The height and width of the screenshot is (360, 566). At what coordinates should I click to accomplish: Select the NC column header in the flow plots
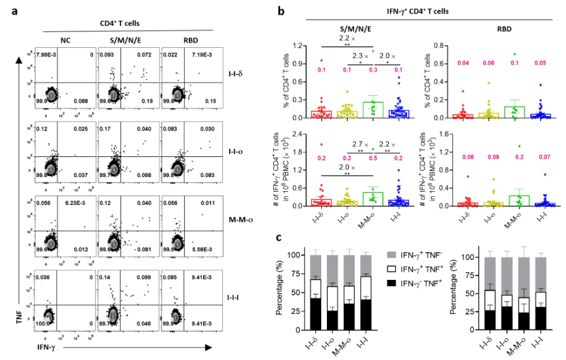tap(66, 40)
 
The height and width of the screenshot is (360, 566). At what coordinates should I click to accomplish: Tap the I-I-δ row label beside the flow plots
tap(237, 74)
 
